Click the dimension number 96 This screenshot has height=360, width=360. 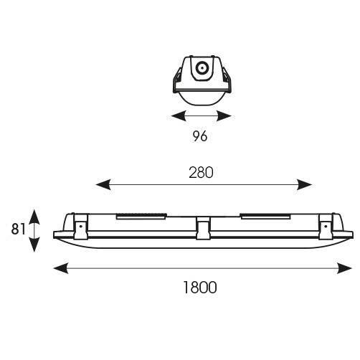[200, 136]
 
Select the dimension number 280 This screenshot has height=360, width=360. [201, 173]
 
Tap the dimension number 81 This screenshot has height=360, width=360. [18, 229]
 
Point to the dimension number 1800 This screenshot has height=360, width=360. [200, 288]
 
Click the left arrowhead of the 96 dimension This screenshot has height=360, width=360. [179, 116]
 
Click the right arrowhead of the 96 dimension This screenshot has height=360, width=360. [224, 116]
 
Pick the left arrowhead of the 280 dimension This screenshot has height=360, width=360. [103, 184]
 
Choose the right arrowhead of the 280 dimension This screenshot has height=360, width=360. [304, 184]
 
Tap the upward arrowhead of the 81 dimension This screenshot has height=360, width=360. [34, 217]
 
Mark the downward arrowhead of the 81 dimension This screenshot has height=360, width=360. [34, 245]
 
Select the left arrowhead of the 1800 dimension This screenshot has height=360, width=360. [61, 268]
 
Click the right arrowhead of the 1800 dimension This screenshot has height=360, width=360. [345, 268]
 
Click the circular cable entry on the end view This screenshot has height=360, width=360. [202, 68]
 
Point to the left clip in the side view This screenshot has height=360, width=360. [81, 227]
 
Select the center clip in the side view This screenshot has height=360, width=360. [203, 228]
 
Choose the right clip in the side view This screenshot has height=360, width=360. [326, 227]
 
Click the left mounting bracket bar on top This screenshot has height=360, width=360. [141, 216]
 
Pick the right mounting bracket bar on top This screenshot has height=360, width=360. [265, 216]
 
